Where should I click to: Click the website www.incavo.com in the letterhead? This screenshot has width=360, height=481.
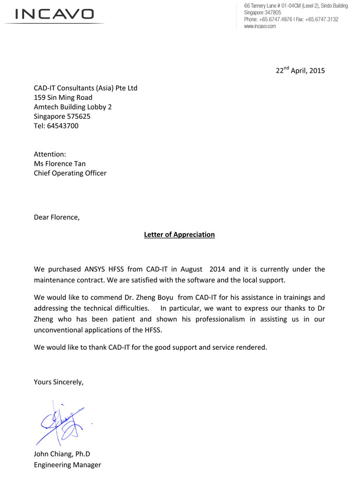coord(260,26)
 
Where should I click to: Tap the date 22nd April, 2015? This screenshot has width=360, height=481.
coord(300,70)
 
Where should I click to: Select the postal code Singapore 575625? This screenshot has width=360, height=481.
coord(62,116)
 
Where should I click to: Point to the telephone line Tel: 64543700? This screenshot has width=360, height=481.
coord(56,126)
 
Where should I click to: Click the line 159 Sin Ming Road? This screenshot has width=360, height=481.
coord(63,97)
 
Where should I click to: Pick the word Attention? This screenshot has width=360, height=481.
coord(49,154)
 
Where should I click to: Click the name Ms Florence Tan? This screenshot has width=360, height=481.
coord(60,164)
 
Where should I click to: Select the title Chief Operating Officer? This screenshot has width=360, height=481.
coord(70,173)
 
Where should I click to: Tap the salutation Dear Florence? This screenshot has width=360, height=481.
coord(57,217)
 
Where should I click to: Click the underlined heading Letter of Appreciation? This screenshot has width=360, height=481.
coord(179,235)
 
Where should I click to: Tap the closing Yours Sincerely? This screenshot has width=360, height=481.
coord(58,382)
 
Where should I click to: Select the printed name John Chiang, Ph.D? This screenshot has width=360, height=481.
coord(62,454)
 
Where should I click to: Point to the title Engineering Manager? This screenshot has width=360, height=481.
coord(67,465)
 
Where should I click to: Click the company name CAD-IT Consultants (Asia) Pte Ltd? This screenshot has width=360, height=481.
coord(85,88)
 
